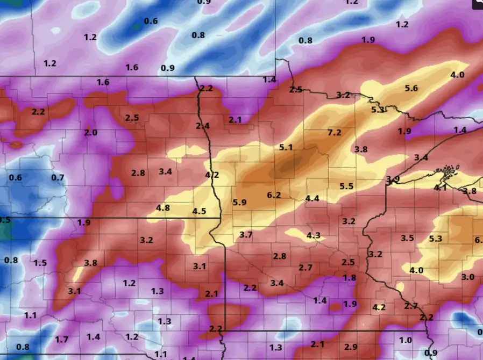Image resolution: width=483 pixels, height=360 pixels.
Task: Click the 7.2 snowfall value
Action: pos(334,133)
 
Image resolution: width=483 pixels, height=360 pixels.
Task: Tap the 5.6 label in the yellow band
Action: pos(411,89)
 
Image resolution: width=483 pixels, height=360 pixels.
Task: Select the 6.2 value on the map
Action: pos(274,195)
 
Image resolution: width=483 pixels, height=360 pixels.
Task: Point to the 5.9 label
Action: pos(239,203)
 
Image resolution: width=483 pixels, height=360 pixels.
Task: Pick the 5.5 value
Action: pos(346,186)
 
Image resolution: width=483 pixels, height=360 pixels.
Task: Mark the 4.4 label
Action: pos(312,199)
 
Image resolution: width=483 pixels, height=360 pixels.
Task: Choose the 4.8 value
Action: pos(163,208)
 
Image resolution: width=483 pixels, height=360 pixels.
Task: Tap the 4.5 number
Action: pos(199,211)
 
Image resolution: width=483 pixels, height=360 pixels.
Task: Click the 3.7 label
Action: pos(246,235)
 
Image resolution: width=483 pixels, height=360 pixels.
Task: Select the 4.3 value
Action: pos(313,236)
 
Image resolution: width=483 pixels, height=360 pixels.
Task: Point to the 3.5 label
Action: pos(407,238)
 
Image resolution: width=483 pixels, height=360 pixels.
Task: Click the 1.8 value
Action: pos(350,278)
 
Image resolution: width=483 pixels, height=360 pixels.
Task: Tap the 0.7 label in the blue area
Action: pos(58,178)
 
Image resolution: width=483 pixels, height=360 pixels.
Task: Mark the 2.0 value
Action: pos(90,133)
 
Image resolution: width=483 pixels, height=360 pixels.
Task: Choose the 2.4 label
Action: pos(202,126)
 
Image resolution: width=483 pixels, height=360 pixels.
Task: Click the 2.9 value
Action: pos(351,346)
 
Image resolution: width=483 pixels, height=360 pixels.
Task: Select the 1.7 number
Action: pos(62,339)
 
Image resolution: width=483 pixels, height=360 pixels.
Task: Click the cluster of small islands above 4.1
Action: pos(448,173)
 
